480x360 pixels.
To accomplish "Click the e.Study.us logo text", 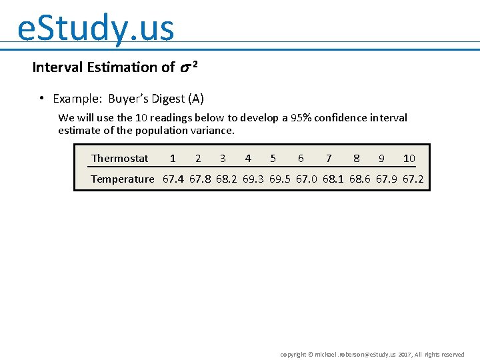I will tap(96, 29).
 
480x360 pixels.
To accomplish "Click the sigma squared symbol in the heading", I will tap(188, 67).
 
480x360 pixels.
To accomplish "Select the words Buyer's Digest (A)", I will tap(156, 99).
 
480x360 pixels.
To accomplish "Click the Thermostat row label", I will tap(120, 159).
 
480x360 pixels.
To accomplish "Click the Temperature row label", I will tap(122, 179).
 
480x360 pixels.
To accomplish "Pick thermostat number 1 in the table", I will tap(173, 159).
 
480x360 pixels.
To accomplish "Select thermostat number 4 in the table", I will tap(248, 159).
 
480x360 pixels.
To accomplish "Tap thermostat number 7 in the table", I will tap(329, 159).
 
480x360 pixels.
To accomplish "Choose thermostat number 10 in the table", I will tap(409, 159).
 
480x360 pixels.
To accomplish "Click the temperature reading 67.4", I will tap(174, 179).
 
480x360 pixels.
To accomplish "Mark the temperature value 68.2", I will tap(227, 179).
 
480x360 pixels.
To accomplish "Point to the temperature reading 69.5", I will tap(280, 179).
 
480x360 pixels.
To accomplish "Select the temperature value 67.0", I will tap(307, 179).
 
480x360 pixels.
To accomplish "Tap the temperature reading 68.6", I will tap(360, 179).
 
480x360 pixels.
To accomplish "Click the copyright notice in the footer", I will tap(372, 355).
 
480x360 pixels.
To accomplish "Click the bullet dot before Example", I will tap(41, 99).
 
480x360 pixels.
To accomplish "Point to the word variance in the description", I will tap(213, 131).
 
